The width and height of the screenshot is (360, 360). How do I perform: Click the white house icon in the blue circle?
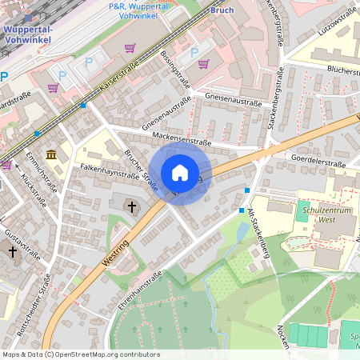180,173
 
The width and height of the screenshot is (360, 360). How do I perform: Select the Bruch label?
222,10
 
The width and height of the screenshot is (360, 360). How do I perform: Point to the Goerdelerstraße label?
318,163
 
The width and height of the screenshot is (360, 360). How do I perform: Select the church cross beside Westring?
132,207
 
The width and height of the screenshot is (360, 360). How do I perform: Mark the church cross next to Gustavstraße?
12,252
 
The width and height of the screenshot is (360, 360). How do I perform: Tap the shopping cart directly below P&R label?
130,47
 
